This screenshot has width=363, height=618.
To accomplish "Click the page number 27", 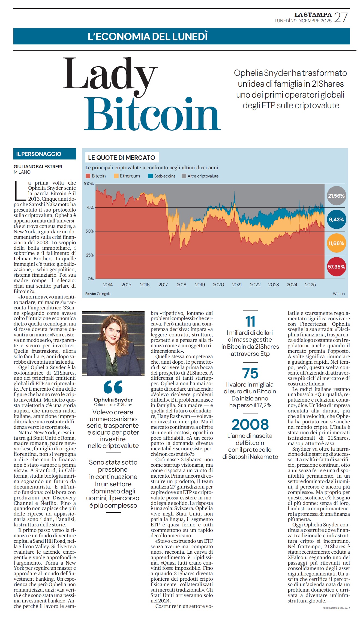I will point(341,17).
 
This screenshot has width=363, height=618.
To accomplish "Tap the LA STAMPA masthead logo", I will point(313,15).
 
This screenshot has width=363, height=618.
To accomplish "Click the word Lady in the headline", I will point(110,75).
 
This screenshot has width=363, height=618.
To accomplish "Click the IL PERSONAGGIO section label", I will point(39,154).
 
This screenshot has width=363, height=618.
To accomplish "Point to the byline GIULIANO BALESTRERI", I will point(38,167).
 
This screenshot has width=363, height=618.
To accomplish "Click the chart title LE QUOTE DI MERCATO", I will point(121,158).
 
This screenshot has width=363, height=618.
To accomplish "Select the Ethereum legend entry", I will point(127,176).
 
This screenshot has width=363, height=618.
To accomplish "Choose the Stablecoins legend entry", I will point(162,176).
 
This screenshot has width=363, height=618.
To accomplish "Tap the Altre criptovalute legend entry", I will point(200,176).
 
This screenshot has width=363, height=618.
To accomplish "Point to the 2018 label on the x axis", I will point(181,285).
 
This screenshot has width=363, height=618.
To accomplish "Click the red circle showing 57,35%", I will point(336,267).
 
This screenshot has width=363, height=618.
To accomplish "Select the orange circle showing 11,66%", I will point(336,243).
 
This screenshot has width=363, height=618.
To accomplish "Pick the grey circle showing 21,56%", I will point(336,196).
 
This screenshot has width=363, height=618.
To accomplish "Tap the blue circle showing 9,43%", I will point(336,219).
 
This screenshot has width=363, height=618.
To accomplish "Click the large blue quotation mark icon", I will point(113,387).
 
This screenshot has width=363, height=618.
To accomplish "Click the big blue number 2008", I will point(250,424).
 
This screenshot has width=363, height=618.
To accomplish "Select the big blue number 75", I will point(250,373).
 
